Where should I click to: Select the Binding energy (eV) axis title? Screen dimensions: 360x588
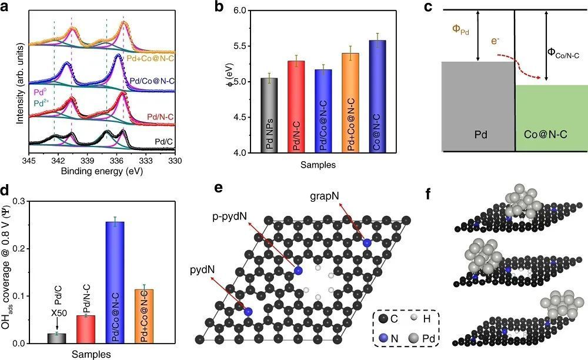coord(101,172)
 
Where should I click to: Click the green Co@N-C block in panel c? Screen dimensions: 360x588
coord(551,118)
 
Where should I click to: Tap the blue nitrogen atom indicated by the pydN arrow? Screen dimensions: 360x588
coord(248,311)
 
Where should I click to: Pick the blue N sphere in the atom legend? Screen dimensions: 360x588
coord(384,338)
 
